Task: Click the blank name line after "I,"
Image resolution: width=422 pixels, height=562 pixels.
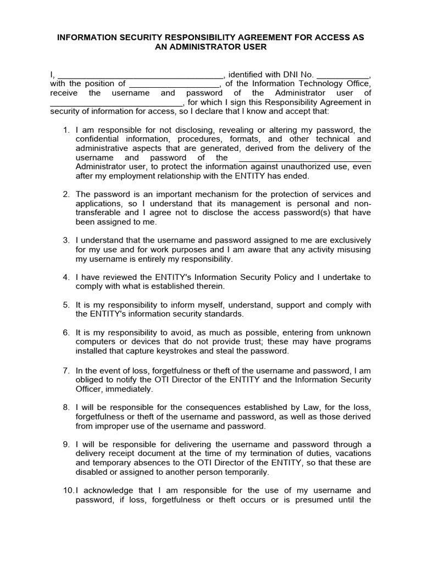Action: pos(140,75)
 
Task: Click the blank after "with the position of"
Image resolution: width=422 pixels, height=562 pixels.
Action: pos(174,85)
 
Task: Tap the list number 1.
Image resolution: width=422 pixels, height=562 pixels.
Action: pos(66,130)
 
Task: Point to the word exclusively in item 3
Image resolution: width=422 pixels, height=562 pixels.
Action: pos(347,240)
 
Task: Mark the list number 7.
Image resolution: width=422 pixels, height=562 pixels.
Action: pos(66,370)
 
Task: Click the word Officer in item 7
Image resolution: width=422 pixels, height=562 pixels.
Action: pos(89,389)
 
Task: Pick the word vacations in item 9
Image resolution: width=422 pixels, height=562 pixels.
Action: pos(351,453)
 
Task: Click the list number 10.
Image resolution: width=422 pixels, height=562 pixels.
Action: pos(67,490)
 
